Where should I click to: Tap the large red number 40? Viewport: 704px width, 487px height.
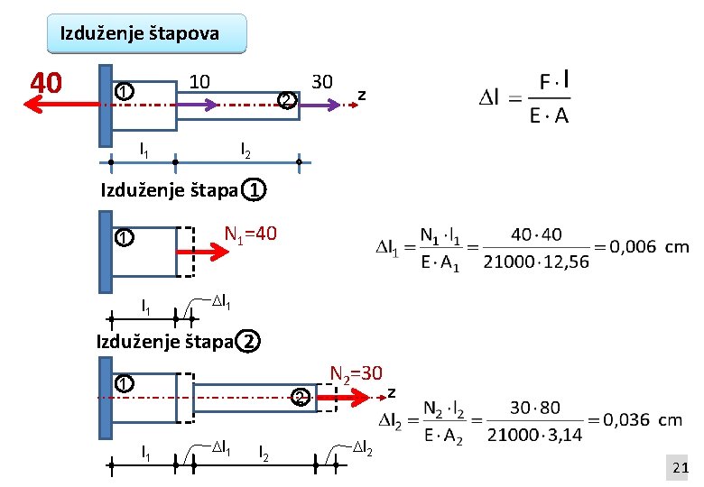point(45,83)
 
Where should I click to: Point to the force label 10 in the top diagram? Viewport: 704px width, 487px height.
point(199,82)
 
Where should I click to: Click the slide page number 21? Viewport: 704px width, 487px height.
point(680,466)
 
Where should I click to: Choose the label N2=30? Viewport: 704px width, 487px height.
point(357,373)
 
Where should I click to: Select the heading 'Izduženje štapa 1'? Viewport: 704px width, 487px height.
point(181,190)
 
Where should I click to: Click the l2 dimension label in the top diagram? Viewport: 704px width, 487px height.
point(244,147)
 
